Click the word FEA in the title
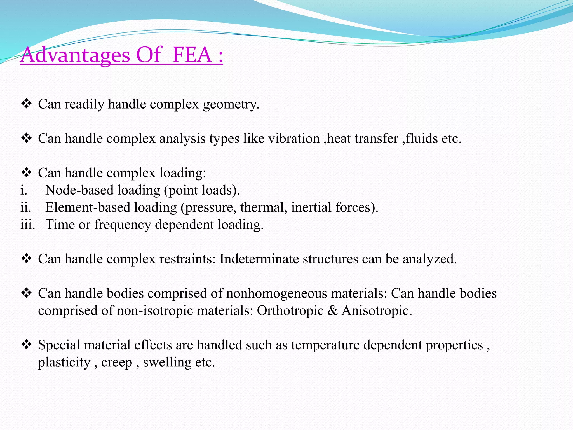[192, 55]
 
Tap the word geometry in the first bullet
[231, 105]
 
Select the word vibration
[294, 139]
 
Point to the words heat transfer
[363, 139]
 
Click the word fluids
[422, 139]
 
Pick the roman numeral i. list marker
[24, 190]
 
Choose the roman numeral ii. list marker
[25, 207]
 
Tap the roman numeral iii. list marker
[27, 225]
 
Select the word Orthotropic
[290, 311]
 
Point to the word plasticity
[64, 363]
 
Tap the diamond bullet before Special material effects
[26, 345]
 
